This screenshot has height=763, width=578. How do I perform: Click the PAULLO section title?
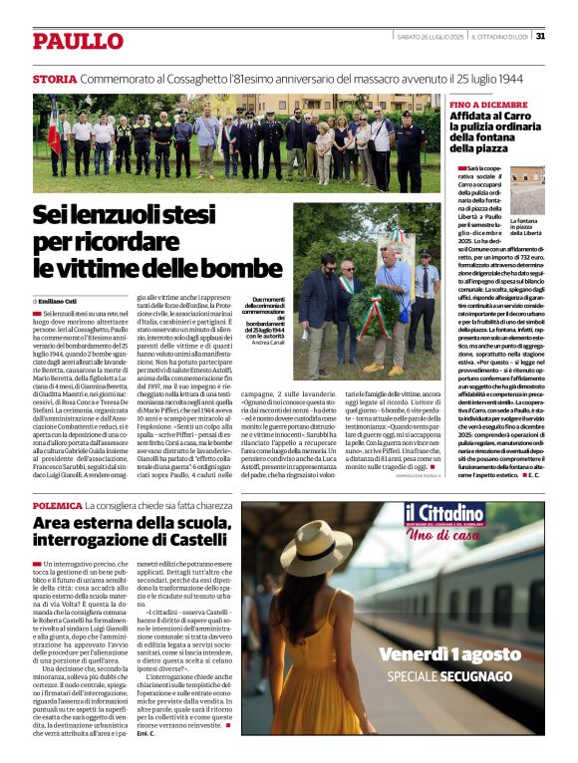77,41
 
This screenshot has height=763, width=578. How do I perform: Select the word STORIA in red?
54,79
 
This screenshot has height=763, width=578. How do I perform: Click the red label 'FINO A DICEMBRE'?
488,105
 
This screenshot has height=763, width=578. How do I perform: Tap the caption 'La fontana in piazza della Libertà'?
526,227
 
